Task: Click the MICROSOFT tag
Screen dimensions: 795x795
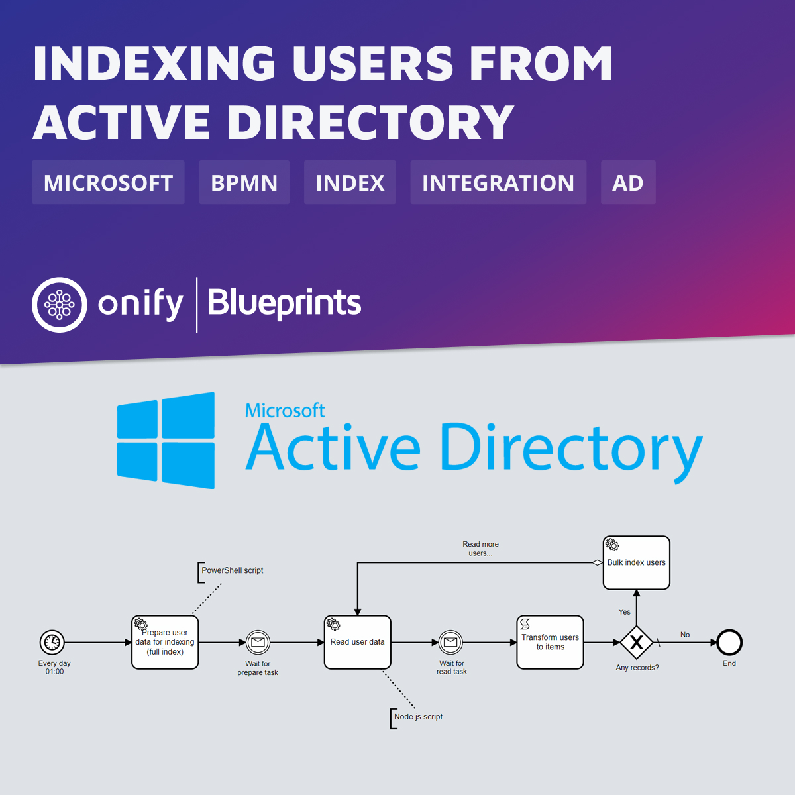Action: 108,183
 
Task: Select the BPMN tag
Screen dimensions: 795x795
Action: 244,183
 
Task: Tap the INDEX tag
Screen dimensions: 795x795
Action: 350,183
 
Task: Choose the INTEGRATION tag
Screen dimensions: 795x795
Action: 498,183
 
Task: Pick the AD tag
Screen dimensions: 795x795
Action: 627,183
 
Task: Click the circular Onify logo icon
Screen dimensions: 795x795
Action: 60,305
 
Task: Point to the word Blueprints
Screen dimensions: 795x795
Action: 284,303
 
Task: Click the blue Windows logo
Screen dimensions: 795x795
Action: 166,441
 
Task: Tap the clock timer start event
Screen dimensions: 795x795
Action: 52,642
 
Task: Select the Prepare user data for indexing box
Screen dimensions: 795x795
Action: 165,643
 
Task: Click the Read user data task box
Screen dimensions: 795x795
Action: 358,643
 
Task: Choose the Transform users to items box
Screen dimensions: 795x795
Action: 550,643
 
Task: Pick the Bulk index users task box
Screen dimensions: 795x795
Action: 636,562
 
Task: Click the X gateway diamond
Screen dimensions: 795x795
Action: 637,642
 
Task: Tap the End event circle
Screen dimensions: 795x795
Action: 729,642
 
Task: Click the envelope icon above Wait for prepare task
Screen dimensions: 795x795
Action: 258,642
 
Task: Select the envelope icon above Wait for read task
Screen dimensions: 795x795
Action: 451,642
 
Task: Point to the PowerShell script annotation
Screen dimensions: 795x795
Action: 232,570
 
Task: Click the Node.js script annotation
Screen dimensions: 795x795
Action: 418,717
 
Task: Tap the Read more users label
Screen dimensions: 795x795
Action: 480,549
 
